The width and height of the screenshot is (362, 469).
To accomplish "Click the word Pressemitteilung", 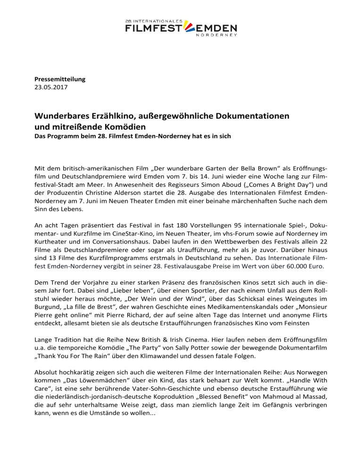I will tap(59, 79).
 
